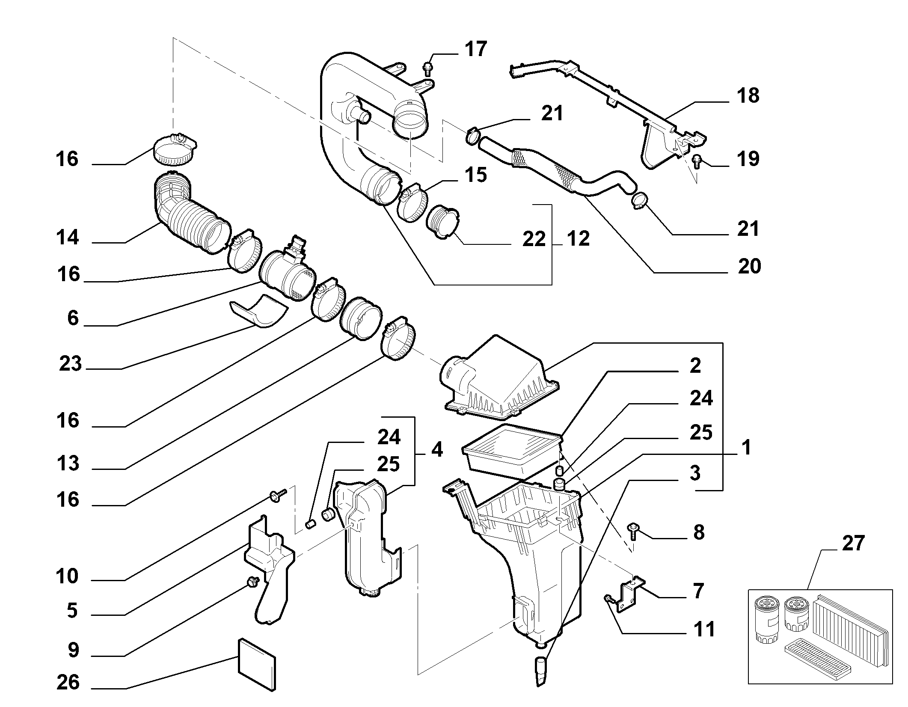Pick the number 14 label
68,237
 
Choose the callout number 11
704,630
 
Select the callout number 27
853,543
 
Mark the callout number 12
578,238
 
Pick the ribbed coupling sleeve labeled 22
442,220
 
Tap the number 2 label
695,365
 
